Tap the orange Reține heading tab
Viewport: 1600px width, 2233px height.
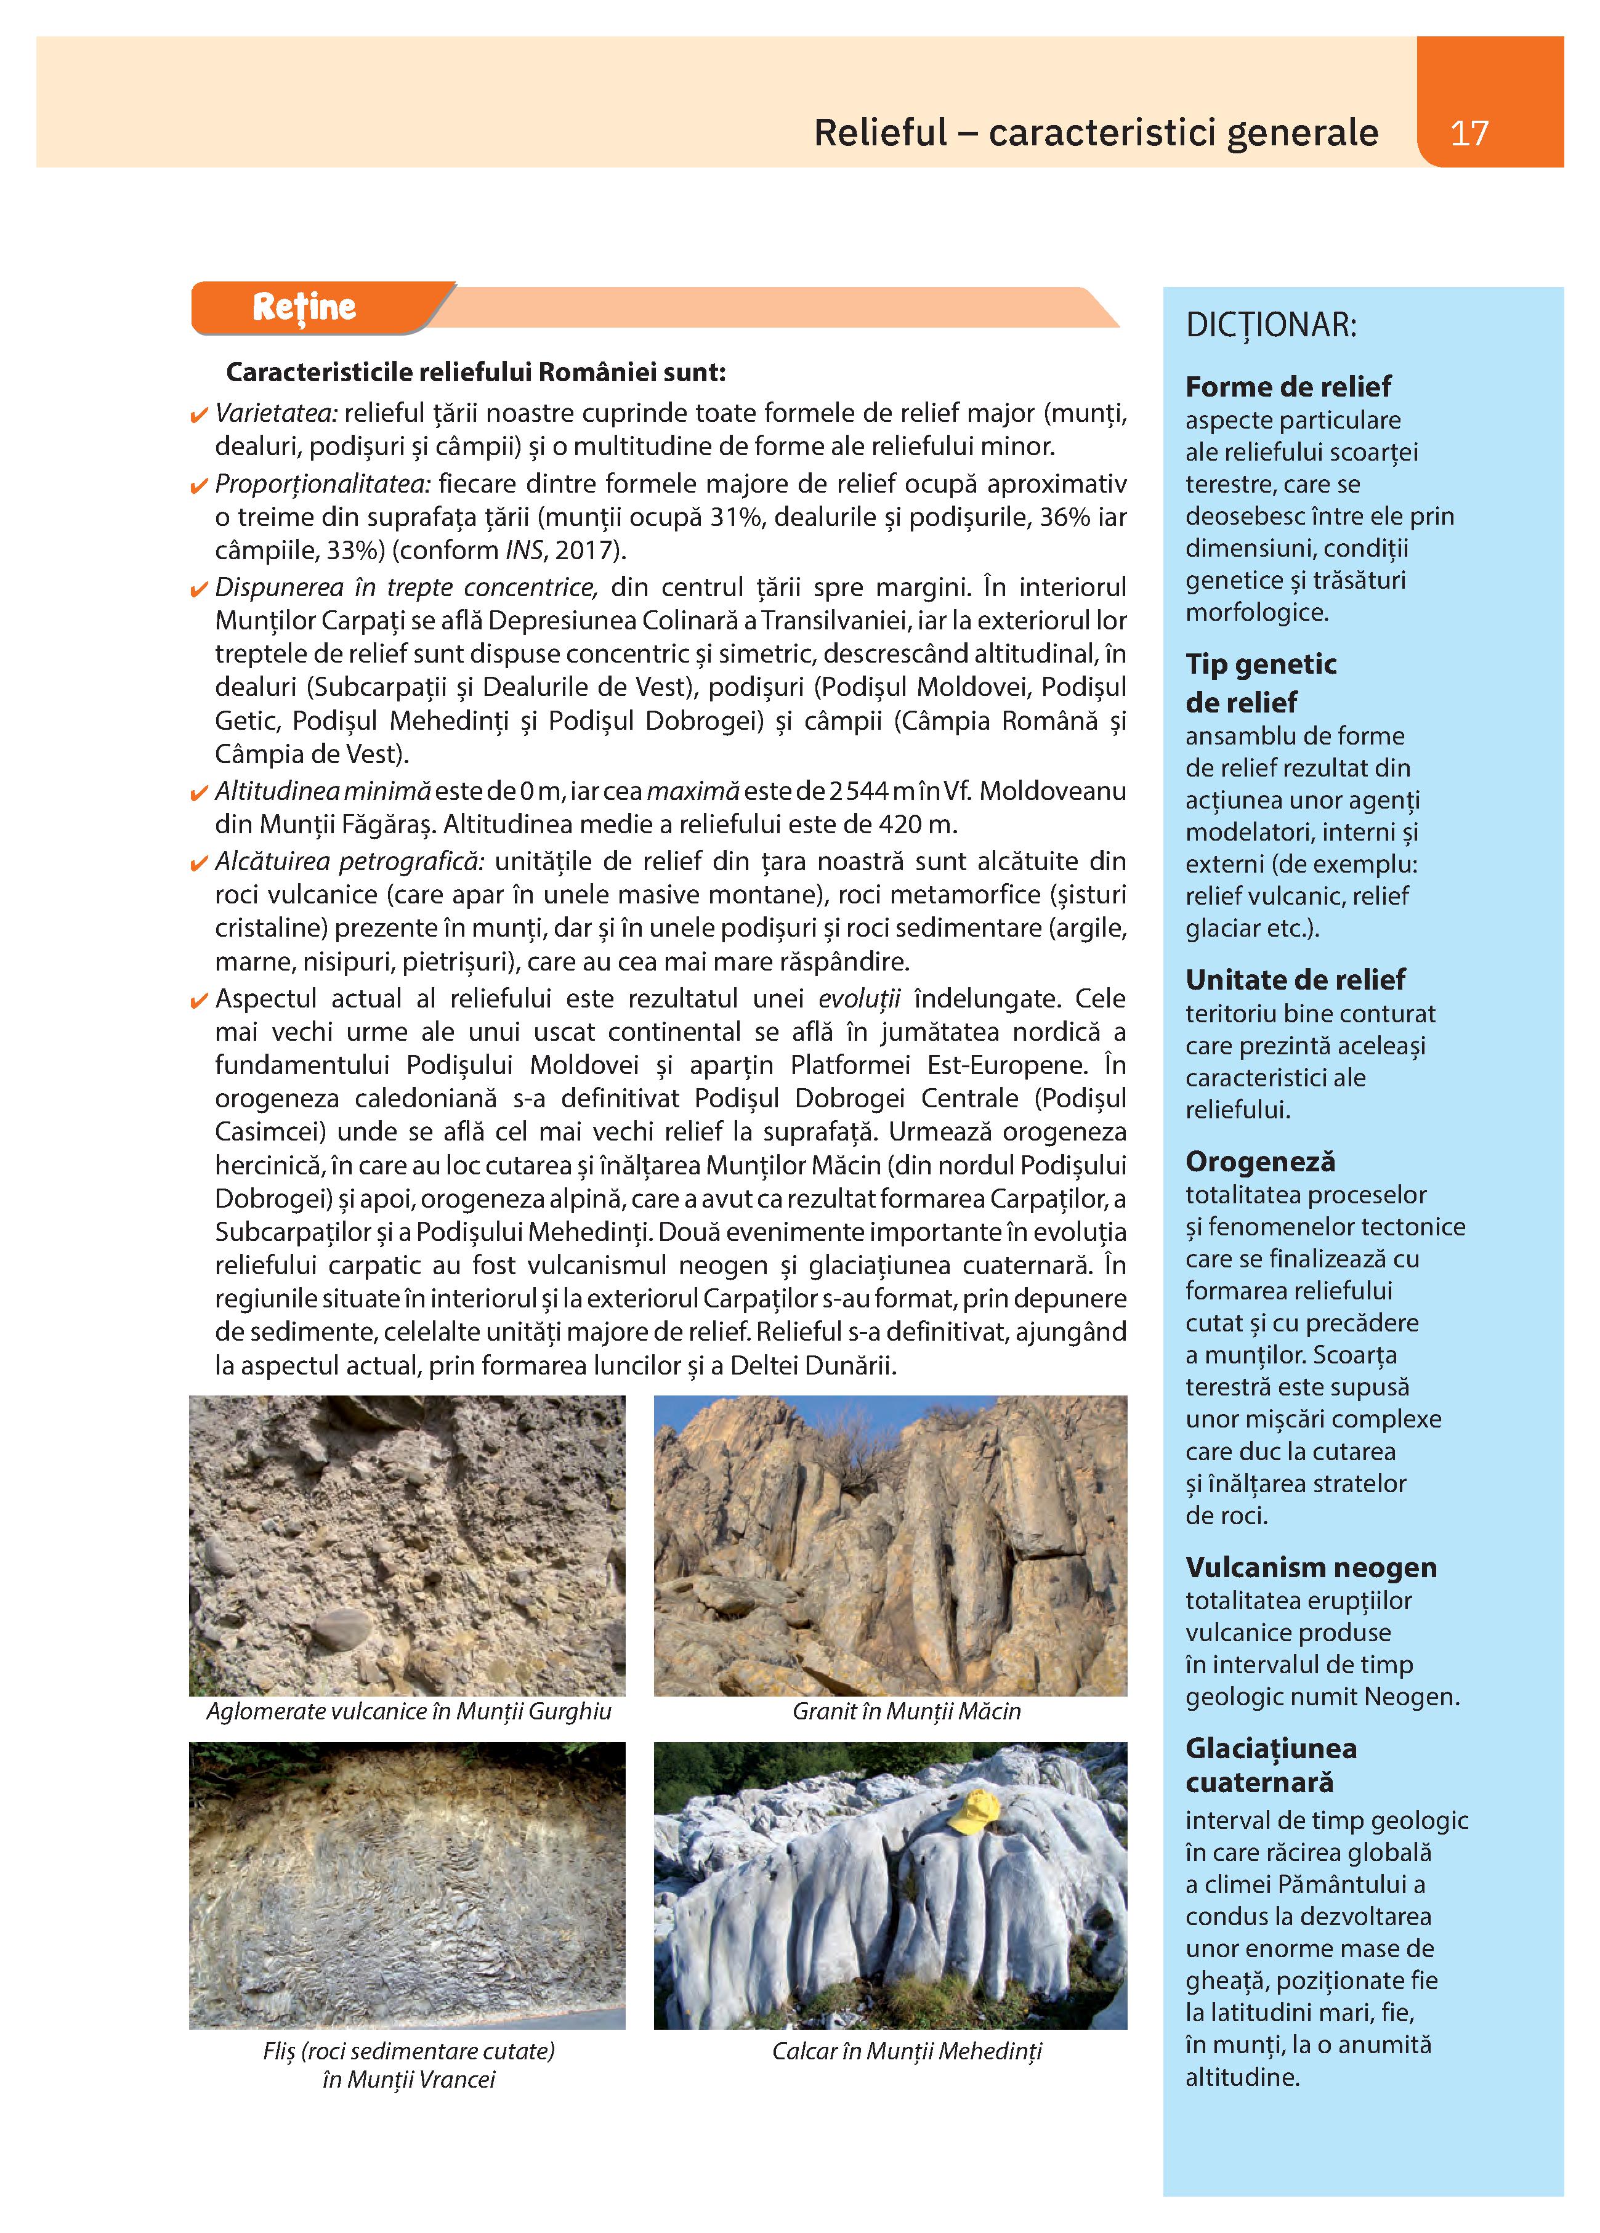(304, 307)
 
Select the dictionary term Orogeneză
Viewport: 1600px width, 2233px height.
(1259, 1162)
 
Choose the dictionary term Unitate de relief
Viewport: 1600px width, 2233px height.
(1295, 980)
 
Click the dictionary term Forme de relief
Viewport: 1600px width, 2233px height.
(1288, 386)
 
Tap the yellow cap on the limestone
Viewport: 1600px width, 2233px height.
(973, 1811)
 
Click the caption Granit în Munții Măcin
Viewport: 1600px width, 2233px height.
(906, 1711)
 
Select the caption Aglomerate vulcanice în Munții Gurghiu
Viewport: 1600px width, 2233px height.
(408, 1711)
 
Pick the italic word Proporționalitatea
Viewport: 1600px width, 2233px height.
(323, 485)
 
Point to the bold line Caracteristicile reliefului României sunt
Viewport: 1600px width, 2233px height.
(475, 373)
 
